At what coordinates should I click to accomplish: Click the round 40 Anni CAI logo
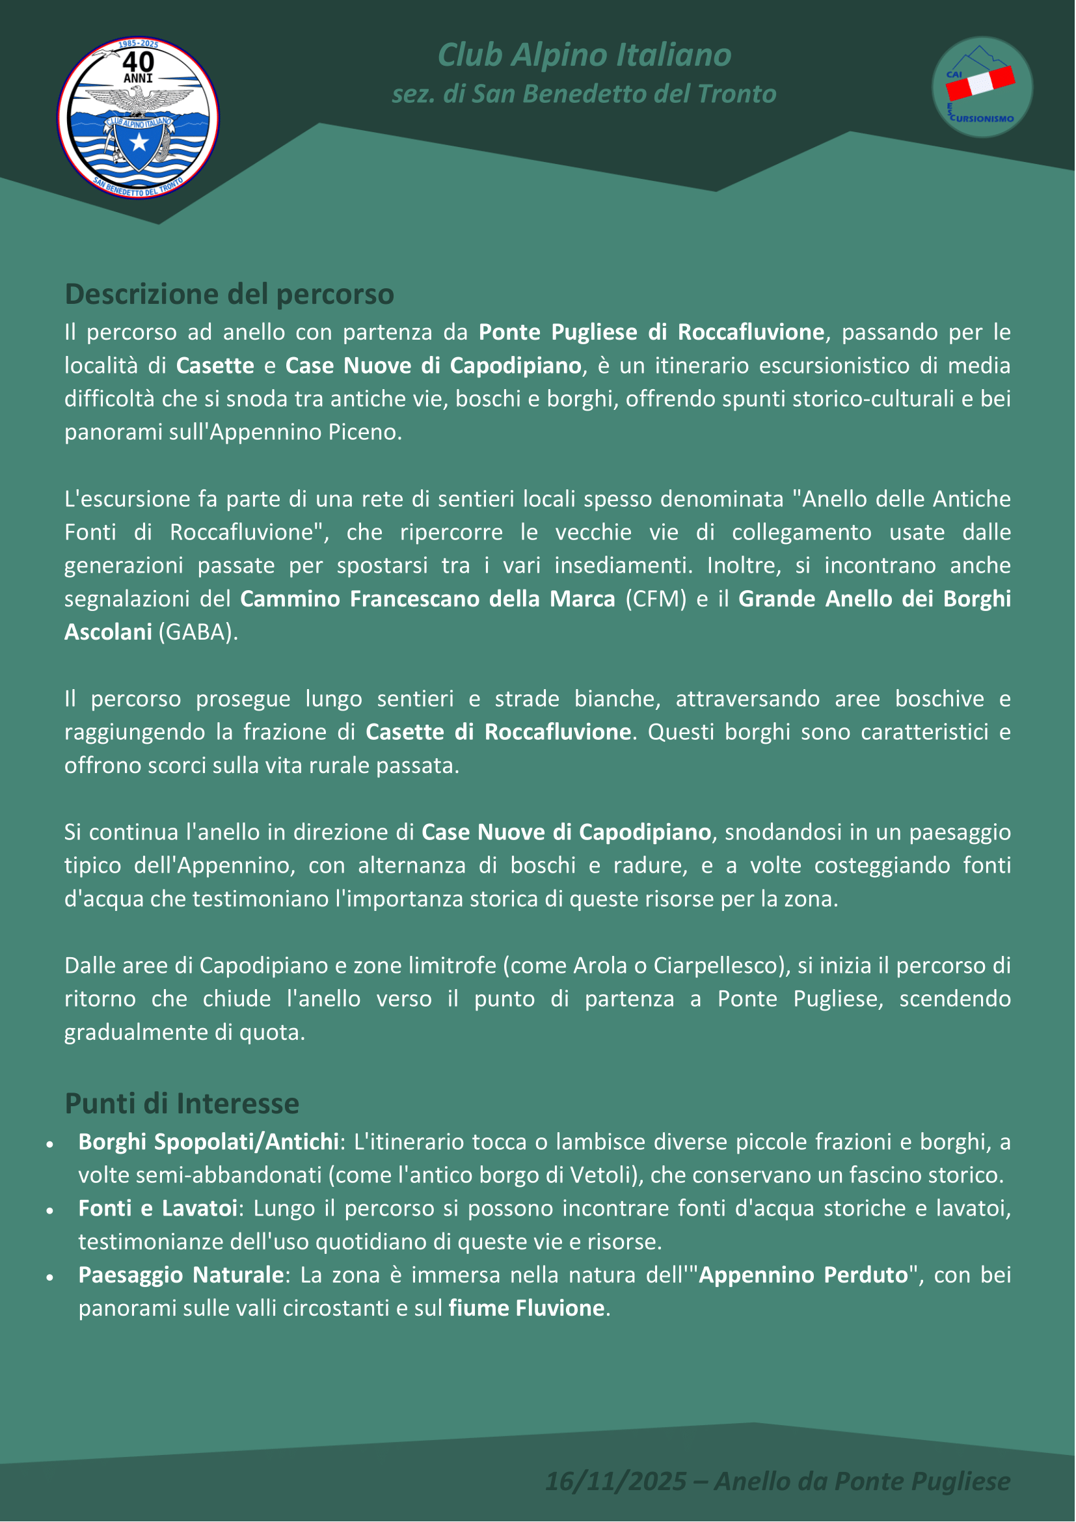[138, 117]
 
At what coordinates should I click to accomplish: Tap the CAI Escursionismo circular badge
[982, 87]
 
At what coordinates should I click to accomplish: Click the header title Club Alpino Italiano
[584, 55]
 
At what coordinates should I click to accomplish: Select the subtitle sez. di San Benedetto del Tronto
[584, 94]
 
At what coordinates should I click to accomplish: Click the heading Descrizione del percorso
[229, 294]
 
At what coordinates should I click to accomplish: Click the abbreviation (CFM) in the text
[655, 599]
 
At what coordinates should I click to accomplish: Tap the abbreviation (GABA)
[198, 632]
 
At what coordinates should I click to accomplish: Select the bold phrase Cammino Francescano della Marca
[427, 599]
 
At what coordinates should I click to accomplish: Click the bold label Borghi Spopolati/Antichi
[209, 1141]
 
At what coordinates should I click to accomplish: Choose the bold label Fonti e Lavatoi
[157, 1208]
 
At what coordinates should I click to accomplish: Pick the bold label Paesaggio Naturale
[181, 1274]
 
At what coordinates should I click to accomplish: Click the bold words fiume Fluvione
[526, 1308]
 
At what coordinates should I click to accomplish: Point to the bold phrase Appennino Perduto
[803, 1274]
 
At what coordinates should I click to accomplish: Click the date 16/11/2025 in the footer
[615, 1480]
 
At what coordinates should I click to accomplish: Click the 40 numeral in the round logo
[139, 62]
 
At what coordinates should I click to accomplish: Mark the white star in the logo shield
[139, 142]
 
